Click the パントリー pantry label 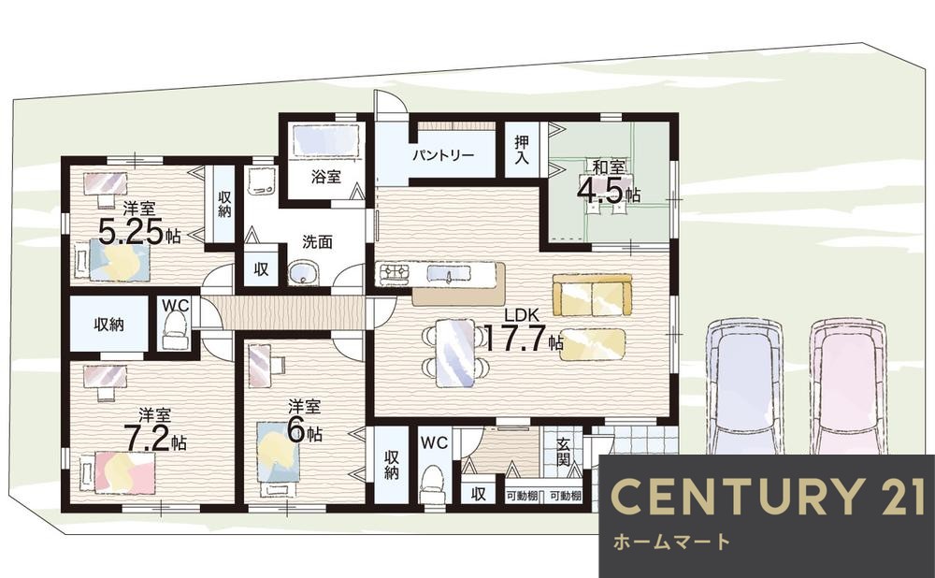[443, 155]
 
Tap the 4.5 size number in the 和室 [600, 191]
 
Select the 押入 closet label [522, 150]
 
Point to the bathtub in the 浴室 [325, 141]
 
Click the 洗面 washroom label [317, 242]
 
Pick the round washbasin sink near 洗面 [304, 274]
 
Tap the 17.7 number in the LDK [516, 339]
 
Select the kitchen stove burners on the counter [395, 273]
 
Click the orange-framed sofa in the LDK [592, 295]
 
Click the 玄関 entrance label [563, 453]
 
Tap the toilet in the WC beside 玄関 [431, 484]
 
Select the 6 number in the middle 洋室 [295, 430]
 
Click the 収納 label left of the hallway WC [108, 325]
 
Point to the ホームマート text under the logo [671, 542]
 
